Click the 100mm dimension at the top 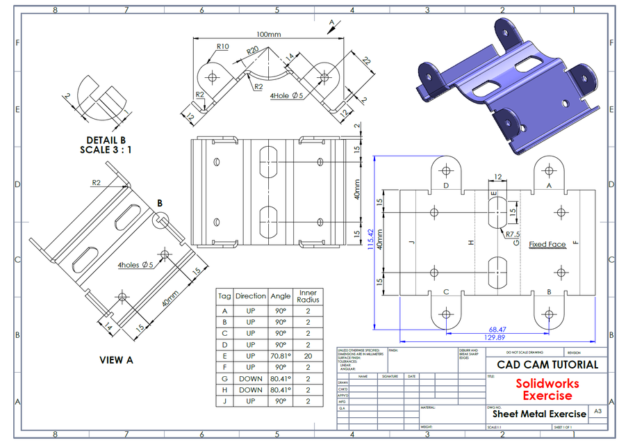point(268,34)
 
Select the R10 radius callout point(222,47)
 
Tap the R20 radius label point(251,51)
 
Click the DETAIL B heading point(106,140)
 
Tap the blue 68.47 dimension point(497,328)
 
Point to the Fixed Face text point(547,244)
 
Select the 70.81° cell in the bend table point(281,356)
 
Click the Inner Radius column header point(308,296)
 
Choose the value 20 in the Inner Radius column point(308,356)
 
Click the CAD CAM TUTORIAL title point(547,364)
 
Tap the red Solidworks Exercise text point(547,389)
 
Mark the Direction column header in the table point(250,296)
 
